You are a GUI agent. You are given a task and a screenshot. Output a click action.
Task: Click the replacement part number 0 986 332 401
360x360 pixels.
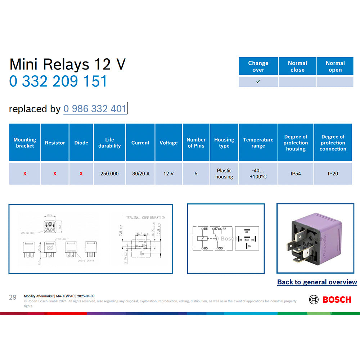95,109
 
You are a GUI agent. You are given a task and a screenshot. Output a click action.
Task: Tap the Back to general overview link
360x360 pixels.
317,282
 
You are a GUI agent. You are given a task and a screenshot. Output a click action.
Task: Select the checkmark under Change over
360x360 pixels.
258,82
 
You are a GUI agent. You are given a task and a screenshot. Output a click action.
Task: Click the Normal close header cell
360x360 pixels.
297,66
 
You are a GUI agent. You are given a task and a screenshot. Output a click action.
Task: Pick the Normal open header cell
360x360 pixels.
335,66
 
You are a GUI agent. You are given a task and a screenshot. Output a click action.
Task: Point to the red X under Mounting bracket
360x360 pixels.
25,174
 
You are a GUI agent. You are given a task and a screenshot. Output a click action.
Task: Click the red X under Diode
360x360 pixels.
81,174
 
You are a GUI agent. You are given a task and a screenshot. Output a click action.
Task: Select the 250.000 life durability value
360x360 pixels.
109,174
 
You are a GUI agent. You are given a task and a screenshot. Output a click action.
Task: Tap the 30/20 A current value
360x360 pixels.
140,174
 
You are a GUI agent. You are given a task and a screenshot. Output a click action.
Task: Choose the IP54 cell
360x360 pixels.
296,174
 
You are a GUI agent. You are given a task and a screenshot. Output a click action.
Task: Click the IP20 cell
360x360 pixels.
333,174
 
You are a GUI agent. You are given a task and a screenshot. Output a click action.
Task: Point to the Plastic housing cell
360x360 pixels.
224,174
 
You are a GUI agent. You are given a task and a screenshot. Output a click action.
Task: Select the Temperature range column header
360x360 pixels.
258,143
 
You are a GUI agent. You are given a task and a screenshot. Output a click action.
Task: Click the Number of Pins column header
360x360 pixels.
196,143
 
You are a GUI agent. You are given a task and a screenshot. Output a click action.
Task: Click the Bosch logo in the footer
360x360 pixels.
330,300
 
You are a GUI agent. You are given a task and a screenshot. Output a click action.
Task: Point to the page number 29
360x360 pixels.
13,297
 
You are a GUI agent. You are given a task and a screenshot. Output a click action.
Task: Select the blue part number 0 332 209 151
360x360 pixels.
58,81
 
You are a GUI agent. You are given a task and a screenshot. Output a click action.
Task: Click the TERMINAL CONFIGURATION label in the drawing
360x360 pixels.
145,218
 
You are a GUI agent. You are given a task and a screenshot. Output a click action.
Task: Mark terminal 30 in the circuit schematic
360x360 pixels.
221,248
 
